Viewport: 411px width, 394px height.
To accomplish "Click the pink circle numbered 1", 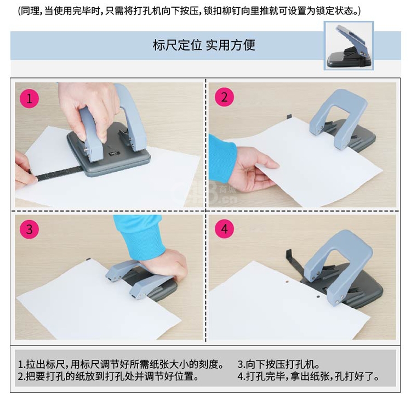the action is [x=30, y=98].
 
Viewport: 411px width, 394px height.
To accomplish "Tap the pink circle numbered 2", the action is [x=224, y=97].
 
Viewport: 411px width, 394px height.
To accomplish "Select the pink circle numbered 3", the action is [x=30, y=229].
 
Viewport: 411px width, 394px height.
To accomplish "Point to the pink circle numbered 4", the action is [x=224, y=229].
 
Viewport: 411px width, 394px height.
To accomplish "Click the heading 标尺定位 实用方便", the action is [x=204, y=45].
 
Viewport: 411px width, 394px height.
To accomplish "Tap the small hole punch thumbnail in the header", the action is [x=349, y=46].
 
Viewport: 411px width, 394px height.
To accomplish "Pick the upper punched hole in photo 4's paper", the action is [x=287, y=282].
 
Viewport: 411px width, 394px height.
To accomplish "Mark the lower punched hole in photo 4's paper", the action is [x=318, y=297].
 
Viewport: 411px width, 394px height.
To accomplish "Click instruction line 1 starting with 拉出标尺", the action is [x=121, y=364].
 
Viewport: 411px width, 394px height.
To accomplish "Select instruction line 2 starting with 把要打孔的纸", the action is [x=109, y=376].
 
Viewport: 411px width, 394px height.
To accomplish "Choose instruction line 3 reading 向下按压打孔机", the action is [x=278, y=364].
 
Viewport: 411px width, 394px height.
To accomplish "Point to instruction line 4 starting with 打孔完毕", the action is [x=309, y=376].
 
